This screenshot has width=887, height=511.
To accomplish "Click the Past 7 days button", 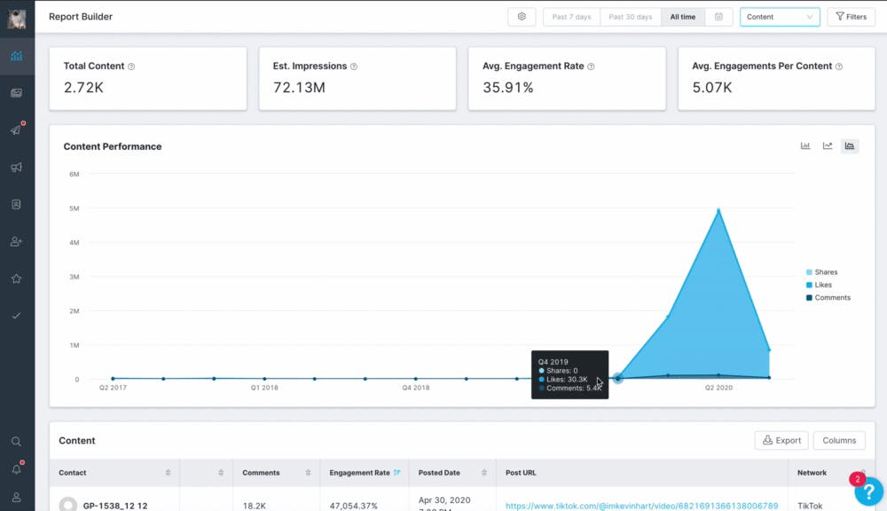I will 571,17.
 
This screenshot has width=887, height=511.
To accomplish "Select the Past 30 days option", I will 630,17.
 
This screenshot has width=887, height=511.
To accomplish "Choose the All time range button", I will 683,17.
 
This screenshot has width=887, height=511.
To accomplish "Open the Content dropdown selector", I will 780,17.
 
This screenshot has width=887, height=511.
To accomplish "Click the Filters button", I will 851,17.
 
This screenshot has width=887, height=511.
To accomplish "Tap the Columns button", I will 839,440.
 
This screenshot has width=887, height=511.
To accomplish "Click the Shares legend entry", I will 825,272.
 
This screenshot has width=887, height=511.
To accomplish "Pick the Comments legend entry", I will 832,298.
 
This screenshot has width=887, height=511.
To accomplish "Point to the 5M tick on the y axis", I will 75,208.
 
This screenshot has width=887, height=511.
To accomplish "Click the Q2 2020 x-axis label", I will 718,388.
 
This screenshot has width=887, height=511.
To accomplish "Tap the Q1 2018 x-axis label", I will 263,388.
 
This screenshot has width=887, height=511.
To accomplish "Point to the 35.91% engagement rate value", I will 508,87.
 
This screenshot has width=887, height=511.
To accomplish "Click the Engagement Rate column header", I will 359,473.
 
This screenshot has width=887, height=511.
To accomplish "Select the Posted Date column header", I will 439,473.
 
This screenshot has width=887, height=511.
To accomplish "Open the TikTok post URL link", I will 641,506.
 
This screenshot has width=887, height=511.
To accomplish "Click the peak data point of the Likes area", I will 718,210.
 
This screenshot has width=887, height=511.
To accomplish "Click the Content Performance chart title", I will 113,146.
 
